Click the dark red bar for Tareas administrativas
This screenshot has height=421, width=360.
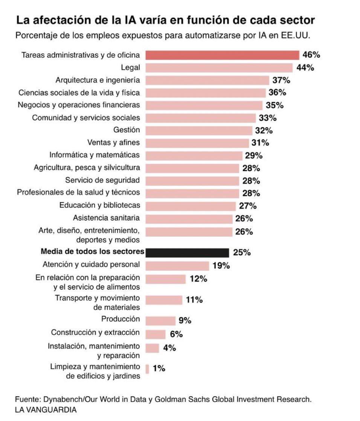pyautogui.click(x=222, y=55)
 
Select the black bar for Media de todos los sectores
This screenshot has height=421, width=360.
pyautogui.click(x=187, y=252)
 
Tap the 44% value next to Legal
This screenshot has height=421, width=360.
pyautogui.click(x=305, y=68)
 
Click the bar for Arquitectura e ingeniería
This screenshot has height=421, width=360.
pyautogui.click(x=207, y=80)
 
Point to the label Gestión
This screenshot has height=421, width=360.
pyautogui.click(x=127, y=130)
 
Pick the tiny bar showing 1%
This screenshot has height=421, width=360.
pyautogui.click(x=147, y=368)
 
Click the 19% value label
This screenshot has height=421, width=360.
pyautogui.click(x=221, y=266)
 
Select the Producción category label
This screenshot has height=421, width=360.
pyautogui.click(x=121, y=319)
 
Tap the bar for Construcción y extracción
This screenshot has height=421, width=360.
pyautogui.click(x=155, y=334)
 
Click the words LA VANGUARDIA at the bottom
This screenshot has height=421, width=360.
pyautogui.click(x=46, y=410)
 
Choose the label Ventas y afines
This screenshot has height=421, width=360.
pyautogui.click(x=113, y=143)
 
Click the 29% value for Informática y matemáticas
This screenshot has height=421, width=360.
pyautogui.click(x=253, y=155)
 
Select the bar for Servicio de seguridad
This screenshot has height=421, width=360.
pyautogui.click(x=192, y=181)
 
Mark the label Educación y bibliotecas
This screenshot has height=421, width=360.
pyautogui.click(x=99, y=205)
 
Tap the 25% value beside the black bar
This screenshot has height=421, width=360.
pyautogui.click(x=242, y=252)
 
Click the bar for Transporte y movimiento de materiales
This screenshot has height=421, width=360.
pyautogui.click(x=164, y=300)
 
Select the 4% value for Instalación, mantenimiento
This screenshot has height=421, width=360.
pyautogui.click(x=169, y=348)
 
